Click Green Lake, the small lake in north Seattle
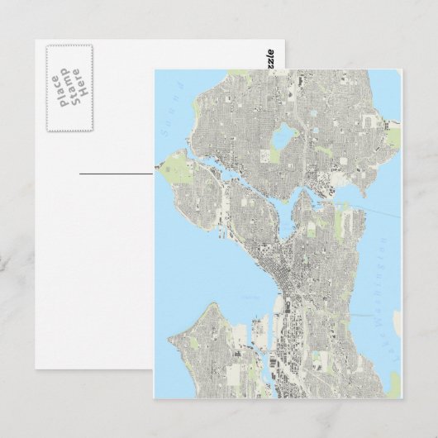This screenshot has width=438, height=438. click(285, 133)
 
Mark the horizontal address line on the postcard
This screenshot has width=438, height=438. click(116, 173)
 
